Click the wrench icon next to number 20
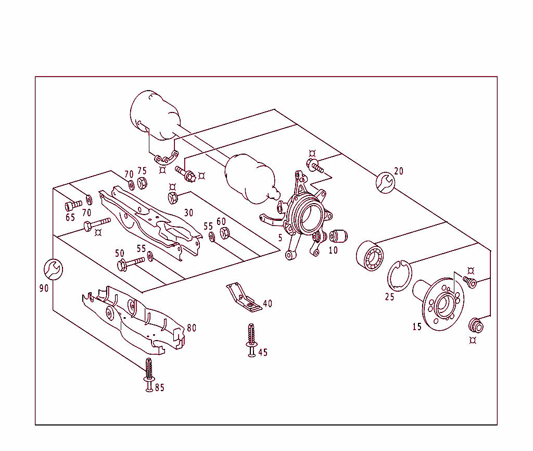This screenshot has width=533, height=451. tap(385, 182)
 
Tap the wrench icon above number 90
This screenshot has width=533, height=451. tap(53, 268)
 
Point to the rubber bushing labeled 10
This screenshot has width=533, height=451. tap(338, 236)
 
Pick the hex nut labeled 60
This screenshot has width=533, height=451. tap(224, 232)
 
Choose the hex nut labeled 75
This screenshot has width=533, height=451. tap(142, 183)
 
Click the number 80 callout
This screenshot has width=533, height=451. tap(192, 328)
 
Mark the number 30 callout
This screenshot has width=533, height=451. tap(188, 213)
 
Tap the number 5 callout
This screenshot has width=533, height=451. tap(280, 237)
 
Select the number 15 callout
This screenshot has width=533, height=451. tap(417, 327)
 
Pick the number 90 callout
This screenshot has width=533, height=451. tap(44, 288)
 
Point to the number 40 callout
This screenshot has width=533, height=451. tap(267, 304)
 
